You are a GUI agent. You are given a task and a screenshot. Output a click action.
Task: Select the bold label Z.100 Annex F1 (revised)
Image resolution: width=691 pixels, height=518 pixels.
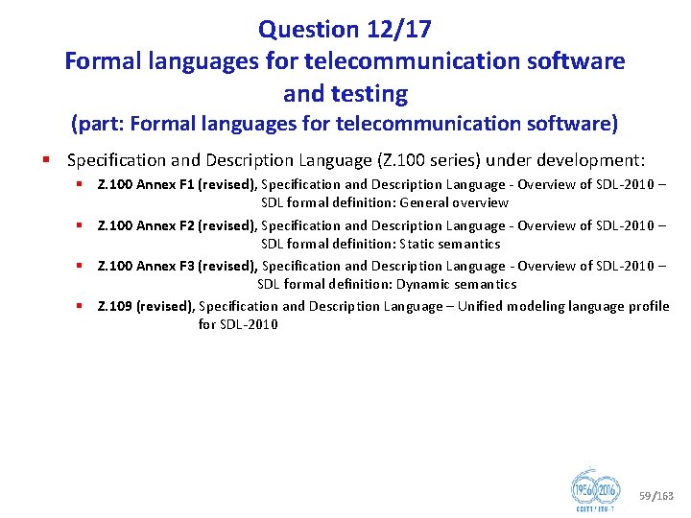coord(178,184)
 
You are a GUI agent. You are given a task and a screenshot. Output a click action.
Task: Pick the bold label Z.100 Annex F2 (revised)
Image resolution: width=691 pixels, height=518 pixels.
coord(178,225)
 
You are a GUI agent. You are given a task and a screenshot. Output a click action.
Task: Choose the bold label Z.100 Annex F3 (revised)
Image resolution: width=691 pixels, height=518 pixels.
coord(178,266)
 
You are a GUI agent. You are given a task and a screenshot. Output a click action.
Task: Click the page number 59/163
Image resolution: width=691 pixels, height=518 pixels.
coord(656,496)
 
